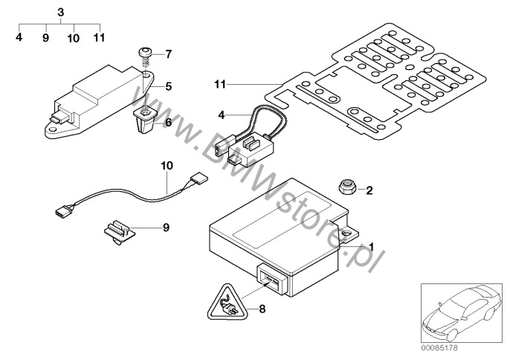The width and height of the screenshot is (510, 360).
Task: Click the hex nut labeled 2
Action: coord(348,187)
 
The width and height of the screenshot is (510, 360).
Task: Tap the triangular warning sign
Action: coord(228,303)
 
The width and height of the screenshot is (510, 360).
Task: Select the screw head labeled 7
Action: coord(146,51)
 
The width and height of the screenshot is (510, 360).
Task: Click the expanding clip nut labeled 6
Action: coord(145,120)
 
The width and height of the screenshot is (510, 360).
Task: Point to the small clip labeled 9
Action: coord(119,232)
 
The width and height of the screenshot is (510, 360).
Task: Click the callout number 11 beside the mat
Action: coord(220,84)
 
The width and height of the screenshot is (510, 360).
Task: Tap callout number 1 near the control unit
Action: coord(371,248)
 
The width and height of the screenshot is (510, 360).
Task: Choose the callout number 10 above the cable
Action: coord(167,165)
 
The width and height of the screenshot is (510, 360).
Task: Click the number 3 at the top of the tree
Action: coord(61,13)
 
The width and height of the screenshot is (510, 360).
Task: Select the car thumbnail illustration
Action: coord(462,313)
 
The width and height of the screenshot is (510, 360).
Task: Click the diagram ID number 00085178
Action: coord(439,348)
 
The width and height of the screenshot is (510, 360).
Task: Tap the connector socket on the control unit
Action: coord(272,279)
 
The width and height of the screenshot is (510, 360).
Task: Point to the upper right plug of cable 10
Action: coord(198,179)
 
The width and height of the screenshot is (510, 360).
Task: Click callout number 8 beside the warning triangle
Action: coord(262,309)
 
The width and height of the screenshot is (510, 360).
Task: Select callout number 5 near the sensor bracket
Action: coord(168,86)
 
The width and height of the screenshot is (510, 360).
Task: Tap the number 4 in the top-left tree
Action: coord(19,37)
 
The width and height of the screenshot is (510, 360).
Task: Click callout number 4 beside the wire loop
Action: coord(222,115)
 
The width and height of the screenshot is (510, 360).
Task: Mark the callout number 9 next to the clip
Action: coord(167,228)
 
